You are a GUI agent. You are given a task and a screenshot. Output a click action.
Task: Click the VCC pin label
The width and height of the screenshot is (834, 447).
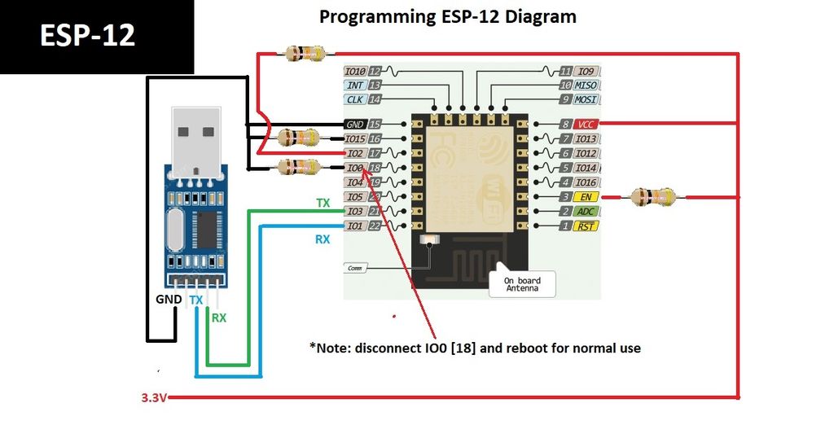[x=586, y=124]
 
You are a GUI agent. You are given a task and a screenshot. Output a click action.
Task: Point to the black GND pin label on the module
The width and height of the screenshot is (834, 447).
[x=355, y=124]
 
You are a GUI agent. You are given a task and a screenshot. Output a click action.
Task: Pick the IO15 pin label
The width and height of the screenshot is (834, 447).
[x=355, y=138]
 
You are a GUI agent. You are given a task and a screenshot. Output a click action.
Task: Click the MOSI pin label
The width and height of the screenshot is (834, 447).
[x=586, y=99]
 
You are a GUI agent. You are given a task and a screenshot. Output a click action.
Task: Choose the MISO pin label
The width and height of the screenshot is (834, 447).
[x=586, y=85]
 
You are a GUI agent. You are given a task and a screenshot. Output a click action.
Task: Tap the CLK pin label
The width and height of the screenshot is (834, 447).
[x=355, y=99]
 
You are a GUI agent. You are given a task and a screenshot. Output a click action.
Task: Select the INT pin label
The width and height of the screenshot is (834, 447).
[x=355, y=85]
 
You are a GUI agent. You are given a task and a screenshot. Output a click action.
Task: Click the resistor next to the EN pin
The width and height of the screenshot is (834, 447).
[x=653, y=196]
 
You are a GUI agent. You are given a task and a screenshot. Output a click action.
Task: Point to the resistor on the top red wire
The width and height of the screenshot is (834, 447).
[x=302, y=54]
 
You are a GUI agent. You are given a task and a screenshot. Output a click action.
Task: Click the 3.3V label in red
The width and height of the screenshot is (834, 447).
[x=154, y=399]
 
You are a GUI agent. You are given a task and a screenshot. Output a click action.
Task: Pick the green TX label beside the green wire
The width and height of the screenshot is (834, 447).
[x=323, y=203]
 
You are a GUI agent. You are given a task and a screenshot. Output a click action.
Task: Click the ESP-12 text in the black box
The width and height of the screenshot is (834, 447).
[x=88, y=35]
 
